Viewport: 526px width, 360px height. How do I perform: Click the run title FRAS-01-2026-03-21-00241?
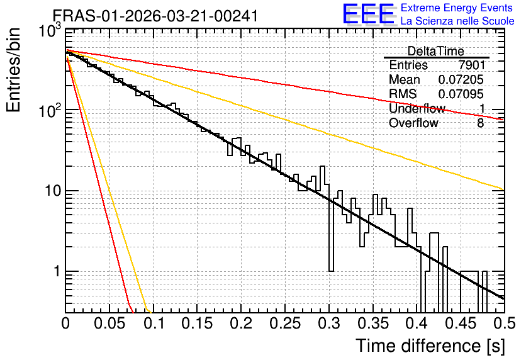155,16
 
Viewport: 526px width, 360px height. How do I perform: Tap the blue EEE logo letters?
369,14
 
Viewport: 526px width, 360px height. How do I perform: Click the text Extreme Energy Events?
457,8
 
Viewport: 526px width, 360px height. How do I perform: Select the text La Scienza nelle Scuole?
457,21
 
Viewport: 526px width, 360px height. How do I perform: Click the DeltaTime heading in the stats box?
436,51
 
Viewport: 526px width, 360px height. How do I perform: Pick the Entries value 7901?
471,65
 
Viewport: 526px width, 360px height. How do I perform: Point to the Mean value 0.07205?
461,79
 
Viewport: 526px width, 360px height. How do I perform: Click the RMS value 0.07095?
461,94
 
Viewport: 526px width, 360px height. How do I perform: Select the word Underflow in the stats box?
417,108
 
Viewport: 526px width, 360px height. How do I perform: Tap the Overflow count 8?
480,123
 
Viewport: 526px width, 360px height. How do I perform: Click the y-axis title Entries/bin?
13,70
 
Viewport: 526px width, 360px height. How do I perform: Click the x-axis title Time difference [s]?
430,346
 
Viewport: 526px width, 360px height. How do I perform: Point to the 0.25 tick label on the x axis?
285,323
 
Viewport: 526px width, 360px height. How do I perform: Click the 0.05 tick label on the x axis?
109,323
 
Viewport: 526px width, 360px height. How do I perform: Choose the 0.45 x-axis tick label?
461,323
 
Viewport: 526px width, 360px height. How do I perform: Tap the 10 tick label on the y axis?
53,191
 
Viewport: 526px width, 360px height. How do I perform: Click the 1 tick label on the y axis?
57,271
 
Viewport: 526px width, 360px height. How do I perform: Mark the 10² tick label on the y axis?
49,109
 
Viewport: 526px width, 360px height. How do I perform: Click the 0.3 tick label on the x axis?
328,323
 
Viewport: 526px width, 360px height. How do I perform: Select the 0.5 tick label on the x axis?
504,323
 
